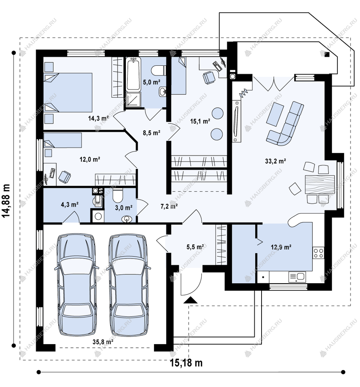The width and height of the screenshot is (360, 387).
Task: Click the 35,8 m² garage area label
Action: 103,342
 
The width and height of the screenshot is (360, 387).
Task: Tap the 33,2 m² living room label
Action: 275,161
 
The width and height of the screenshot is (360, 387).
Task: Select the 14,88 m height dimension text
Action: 6,201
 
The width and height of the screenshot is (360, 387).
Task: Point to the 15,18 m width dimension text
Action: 186,363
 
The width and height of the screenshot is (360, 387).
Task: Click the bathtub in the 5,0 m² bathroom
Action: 133,74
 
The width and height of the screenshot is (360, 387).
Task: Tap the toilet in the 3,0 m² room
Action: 118,195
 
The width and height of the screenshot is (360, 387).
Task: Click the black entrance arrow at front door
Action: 191,300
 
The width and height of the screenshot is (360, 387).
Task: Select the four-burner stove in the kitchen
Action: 319,253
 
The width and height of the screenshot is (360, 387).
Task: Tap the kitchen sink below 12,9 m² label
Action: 297,277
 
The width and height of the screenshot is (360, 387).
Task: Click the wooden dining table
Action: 320,184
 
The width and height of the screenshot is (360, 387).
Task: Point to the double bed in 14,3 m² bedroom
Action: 68,92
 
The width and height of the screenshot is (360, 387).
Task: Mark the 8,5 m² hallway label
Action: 151,133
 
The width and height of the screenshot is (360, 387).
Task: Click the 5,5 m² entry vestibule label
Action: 195,246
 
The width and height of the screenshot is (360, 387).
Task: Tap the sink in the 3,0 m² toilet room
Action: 127,219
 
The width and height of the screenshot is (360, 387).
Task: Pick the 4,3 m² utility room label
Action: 70,204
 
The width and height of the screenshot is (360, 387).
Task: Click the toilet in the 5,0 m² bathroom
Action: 158,70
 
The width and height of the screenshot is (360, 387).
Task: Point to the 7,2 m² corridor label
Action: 169,206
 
